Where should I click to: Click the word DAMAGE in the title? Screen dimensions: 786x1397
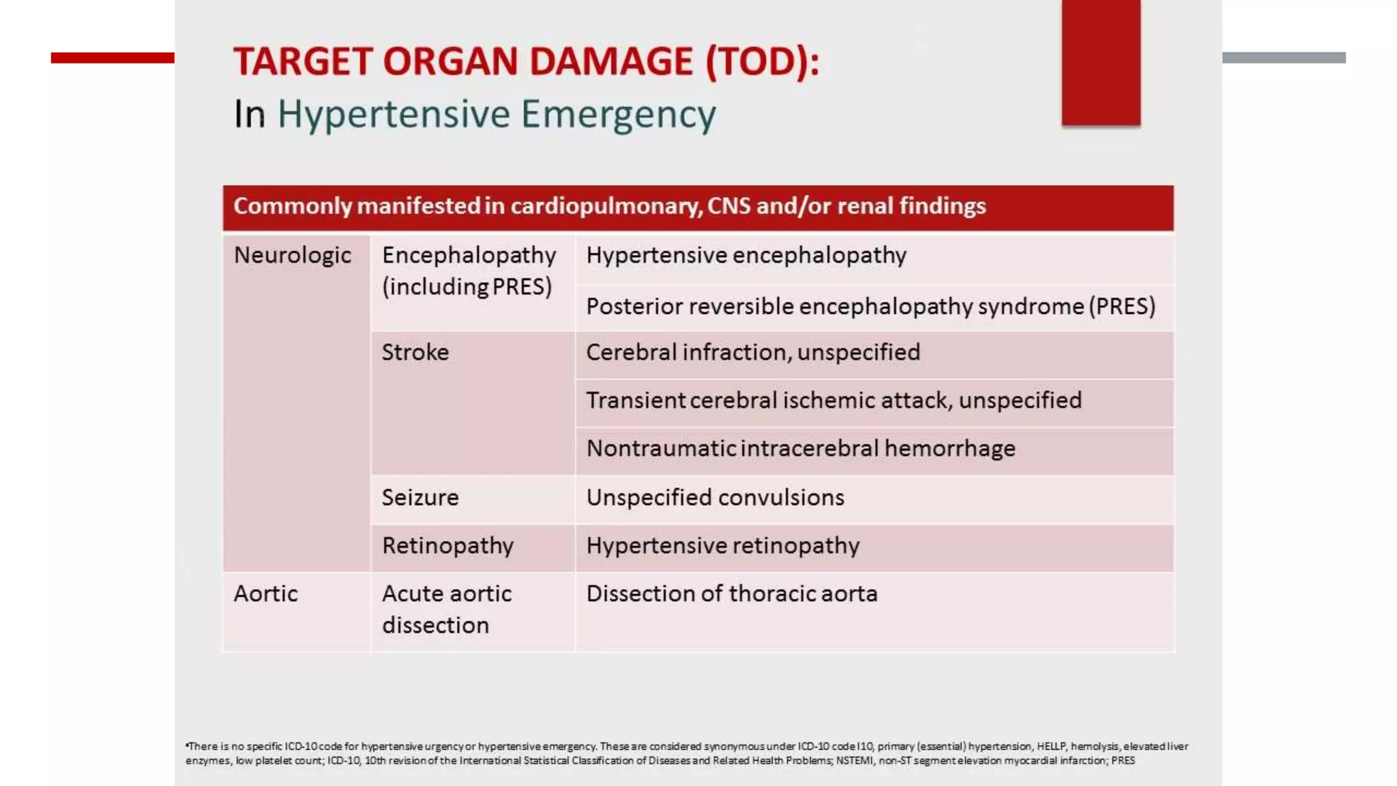click(x=611, y=61)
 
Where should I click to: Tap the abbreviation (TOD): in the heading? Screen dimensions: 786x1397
click(x=762, y=61)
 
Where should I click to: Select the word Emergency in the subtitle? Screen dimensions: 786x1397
click(x=618, y=114)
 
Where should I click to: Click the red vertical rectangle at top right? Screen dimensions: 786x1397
click(x=1100, y=63)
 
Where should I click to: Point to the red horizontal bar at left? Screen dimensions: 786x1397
click(x=113, y=58)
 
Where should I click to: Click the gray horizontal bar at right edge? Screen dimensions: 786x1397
click(x=1283, y=58)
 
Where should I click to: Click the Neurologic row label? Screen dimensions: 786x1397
click(x=293, y=255)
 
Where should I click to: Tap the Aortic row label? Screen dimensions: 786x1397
click(x=265, y=594)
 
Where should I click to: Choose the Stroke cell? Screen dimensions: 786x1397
click(x=415, y=352)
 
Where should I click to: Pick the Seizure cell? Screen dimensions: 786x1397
click(x=420, y=497)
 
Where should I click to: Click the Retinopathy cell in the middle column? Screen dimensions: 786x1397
click(x=447, y=546)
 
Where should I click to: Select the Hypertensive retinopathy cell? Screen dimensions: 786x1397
click(x=722, y=546)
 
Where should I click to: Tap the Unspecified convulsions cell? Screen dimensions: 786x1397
click(x=715, y=497)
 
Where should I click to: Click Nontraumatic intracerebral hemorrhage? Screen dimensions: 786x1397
click(x=801, y=448)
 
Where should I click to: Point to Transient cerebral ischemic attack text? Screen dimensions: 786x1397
click(x=834, y=400)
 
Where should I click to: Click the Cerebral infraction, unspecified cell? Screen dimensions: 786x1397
click(x=753, y=352)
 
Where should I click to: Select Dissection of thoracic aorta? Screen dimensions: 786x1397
click(x=731, y=594)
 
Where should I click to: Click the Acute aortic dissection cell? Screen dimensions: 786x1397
click(x=446, y=609)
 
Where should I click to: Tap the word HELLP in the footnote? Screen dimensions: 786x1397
click(x=1050, y=746)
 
